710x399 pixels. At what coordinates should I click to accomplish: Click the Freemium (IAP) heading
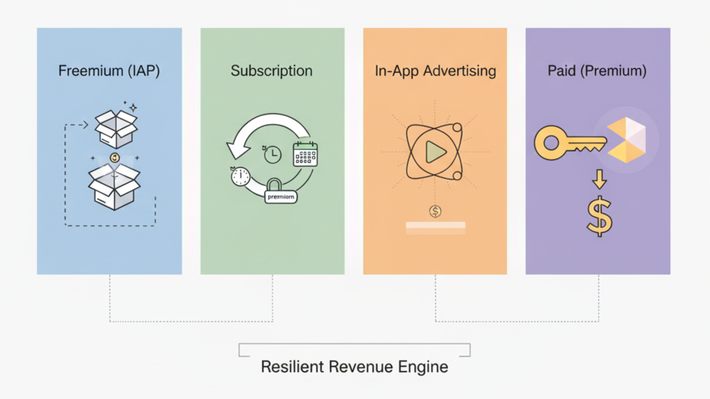click(x=109, y=71)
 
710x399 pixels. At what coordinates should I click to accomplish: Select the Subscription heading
click(x=272, y=71)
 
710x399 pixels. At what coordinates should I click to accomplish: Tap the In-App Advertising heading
click(x=435, y=71)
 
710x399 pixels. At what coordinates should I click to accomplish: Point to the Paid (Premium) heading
click(x=597, y=71)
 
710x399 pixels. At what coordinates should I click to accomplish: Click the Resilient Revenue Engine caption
click(x=354, y=367)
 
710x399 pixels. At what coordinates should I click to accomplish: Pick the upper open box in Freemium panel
click(x=116, y=129)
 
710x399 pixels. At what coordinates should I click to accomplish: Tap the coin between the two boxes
click(x=115, y=158)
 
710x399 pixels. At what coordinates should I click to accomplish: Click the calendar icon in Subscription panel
click(x=305, y=154)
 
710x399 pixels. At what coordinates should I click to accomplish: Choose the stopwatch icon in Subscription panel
click(x=240, y=176)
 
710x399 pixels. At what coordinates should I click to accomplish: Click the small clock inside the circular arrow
click(x=273, y=154)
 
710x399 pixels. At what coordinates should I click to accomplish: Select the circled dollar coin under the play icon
click(x=435, y=211)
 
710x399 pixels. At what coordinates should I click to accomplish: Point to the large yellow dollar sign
click(x=599, y=216)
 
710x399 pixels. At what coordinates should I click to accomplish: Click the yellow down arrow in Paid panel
click(x=599, y=179)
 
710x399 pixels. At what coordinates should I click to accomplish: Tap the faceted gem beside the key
click(x=626, y=140)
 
